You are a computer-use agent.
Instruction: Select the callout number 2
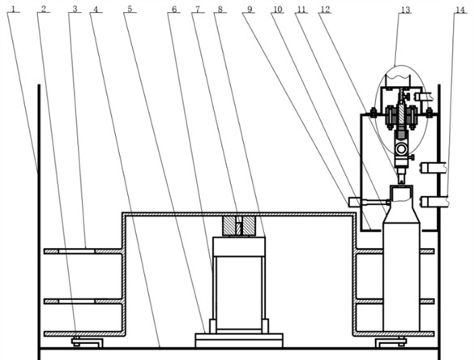coord(43,9)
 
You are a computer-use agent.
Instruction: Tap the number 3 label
coord(75,9)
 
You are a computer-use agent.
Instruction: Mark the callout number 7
coord(197,9)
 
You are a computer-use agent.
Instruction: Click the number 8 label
coord(220,9)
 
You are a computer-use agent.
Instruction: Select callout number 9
coord(250,9)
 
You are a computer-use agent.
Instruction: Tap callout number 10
coord(277,9)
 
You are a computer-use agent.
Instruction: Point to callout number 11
coord(301,9)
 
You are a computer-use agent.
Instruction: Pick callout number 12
coord(325,9)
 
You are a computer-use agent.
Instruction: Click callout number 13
coord(405,9)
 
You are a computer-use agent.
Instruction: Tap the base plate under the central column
coord(238,338)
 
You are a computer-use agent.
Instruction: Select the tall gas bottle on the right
coord(401,268)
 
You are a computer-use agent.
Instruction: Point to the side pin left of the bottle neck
coord(357,201)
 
